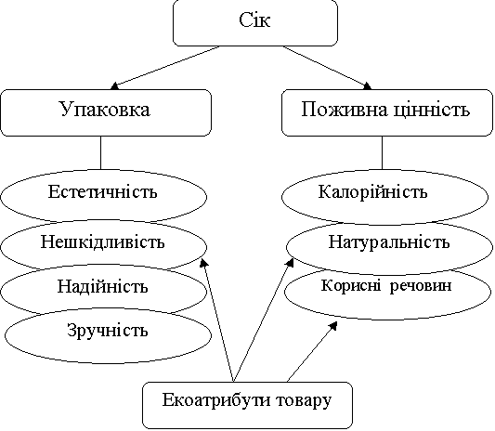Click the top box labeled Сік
(255, 22)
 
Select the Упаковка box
(106, 112)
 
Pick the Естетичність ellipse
(103, 196)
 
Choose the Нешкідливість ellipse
(103, 245)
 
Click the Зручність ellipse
(108, 335)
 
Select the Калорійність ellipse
(384, 197)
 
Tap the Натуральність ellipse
(389, 247)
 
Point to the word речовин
(420, 286)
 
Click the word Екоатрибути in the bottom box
(216, 400)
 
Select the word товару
(304, 401)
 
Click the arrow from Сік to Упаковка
(164, 68)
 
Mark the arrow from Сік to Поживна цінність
(327, 68)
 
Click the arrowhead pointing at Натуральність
(290, 263)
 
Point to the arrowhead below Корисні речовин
(332, 326)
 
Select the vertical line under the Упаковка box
(100, 153)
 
